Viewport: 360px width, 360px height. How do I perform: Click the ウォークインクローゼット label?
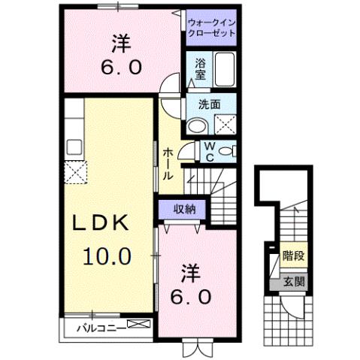point(211,28)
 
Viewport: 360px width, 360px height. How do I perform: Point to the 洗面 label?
point(210,107)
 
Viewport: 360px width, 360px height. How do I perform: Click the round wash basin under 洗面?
point(197,125)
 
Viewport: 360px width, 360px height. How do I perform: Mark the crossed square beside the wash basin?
point(225,125)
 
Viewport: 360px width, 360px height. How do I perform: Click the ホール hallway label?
point(169,162)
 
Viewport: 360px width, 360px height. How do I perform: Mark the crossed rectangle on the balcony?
point(138,325)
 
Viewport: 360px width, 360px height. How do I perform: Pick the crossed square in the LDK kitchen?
point(75,174)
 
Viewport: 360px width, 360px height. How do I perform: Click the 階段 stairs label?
point(293,256)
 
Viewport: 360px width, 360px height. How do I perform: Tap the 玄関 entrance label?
point(293,282)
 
